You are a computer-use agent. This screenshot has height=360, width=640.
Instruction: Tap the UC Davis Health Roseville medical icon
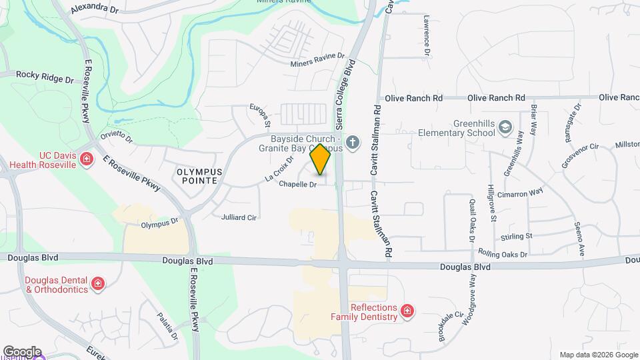[86, 159]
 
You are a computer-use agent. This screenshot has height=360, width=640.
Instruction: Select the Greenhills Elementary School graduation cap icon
[506, 126]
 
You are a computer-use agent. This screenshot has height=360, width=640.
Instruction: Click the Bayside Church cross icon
[353, 141]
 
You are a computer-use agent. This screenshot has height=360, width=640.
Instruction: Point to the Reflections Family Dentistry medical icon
[407, 310]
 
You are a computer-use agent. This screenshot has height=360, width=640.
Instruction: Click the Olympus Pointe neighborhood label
[197, 176]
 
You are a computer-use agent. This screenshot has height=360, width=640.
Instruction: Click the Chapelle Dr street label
[297, 184]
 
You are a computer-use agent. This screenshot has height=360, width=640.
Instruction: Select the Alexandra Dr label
[94, 9]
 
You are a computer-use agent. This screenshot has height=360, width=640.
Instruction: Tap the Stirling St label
[516, 236]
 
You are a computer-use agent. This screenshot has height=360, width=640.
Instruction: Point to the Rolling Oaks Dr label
[503, 254]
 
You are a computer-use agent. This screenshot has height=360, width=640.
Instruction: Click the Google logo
[21, 351]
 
